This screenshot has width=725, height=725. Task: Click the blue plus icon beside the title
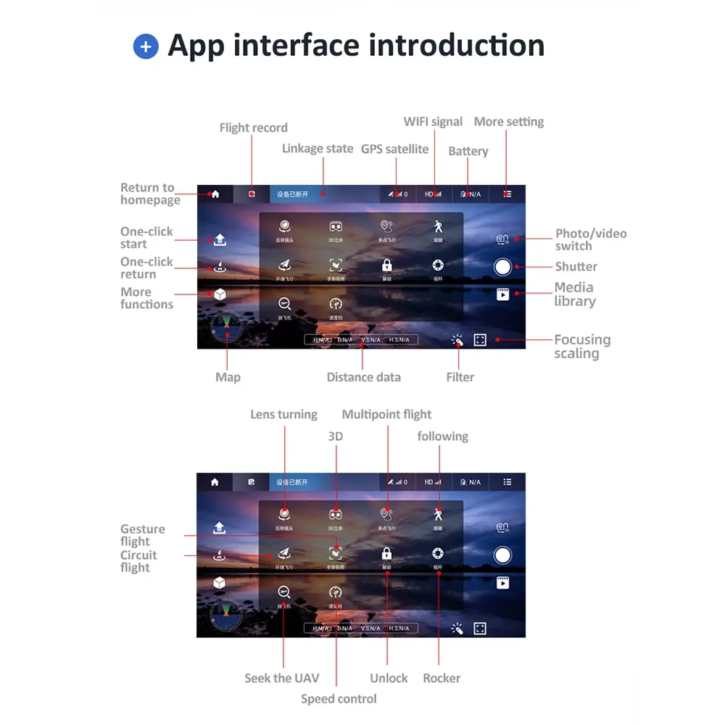(146, 47)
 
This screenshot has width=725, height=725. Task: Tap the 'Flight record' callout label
(253, 128)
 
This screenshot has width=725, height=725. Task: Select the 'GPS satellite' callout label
(394, 149)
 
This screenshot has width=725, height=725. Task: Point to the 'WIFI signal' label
(433, 121)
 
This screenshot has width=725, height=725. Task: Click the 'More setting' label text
(508, 121)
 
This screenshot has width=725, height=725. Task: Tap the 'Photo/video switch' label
(590, 239)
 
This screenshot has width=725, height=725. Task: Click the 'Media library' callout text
(574, 294)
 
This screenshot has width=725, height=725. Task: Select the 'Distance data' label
(363, 377)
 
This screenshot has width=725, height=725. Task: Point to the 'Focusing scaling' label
(581, 346)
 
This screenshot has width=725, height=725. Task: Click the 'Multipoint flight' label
(386, 414)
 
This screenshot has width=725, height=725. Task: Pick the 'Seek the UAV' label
(281, 678)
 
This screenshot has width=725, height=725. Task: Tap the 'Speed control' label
(339, 699)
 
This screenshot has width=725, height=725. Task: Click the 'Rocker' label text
(442, 678)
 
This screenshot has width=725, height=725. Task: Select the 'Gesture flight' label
(142, 535)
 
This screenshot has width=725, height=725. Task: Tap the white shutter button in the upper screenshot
(502, 266)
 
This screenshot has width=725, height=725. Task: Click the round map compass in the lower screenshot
(226, 614)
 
